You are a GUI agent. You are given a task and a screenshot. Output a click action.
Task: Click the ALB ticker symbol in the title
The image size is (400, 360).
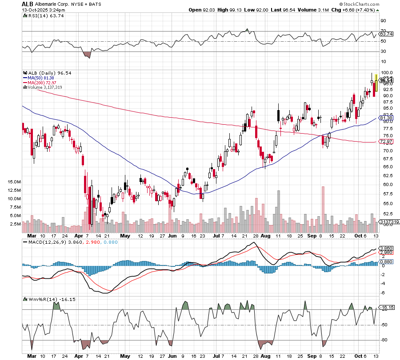coord(28,4)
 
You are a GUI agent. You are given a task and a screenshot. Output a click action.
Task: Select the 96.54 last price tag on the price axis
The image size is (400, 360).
coord(386,80)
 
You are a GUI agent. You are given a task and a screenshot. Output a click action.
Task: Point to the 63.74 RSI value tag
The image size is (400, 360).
coord(386,34)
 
